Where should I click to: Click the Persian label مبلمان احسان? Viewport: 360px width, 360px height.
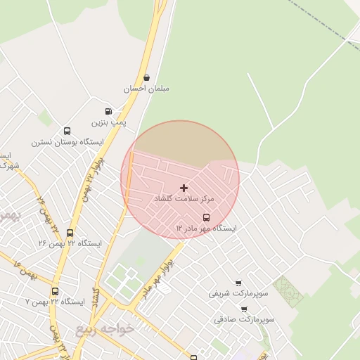pyautogui.click(x=146, y=89)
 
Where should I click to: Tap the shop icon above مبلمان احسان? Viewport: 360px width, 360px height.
pyautogui.click(x=146, y=77)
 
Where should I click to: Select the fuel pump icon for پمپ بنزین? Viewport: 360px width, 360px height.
pyautogui.click(x=108, y=111)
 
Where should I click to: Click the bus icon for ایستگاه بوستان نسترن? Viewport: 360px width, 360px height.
pyautogui.click(x=67, y=131)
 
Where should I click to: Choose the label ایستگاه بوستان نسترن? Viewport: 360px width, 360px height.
pyautogui.click(x=67, y=142)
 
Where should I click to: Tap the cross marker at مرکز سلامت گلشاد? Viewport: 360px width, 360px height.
pyautogui.click(x=184, y=188)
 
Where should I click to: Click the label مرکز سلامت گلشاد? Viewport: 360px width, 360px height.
pyautogui.click(x=184, y=200)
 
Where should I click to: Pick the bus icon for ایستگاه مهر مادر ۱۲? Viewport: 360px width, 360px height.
pyautogui.click(x=206, y=217)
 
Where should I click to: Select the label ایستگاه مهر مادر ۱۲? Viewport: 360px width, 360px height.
pyautogui.click(x=206, y=229)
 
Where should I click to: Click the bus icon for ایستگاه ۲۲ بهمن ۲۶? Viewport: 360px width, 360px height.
pyautogui.click(x=70, y=233)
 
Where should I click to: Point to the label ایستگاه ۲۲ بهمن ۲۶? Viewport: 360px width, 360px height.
pyautogui.click(x=70, y=243)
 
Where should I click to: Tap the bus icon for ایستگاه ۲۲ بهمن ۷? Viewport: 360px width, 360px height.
pyautogui.click(x=55, y=291)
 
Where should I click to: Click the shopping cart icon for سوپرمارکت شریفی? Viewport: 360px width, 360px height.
pyautogui.click(x=238, y=283)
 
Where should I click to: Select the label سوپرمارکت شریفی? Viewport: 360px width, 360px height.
pyautogui.click(x=238, y=293)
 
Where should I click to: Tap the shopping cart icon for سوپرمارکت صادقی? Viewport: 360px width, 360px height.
pyautogui.click(x=244, y=309)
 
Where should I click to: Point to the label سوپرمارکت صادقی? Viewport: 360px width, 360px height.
pyautogui.click(x=244, y=319)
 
